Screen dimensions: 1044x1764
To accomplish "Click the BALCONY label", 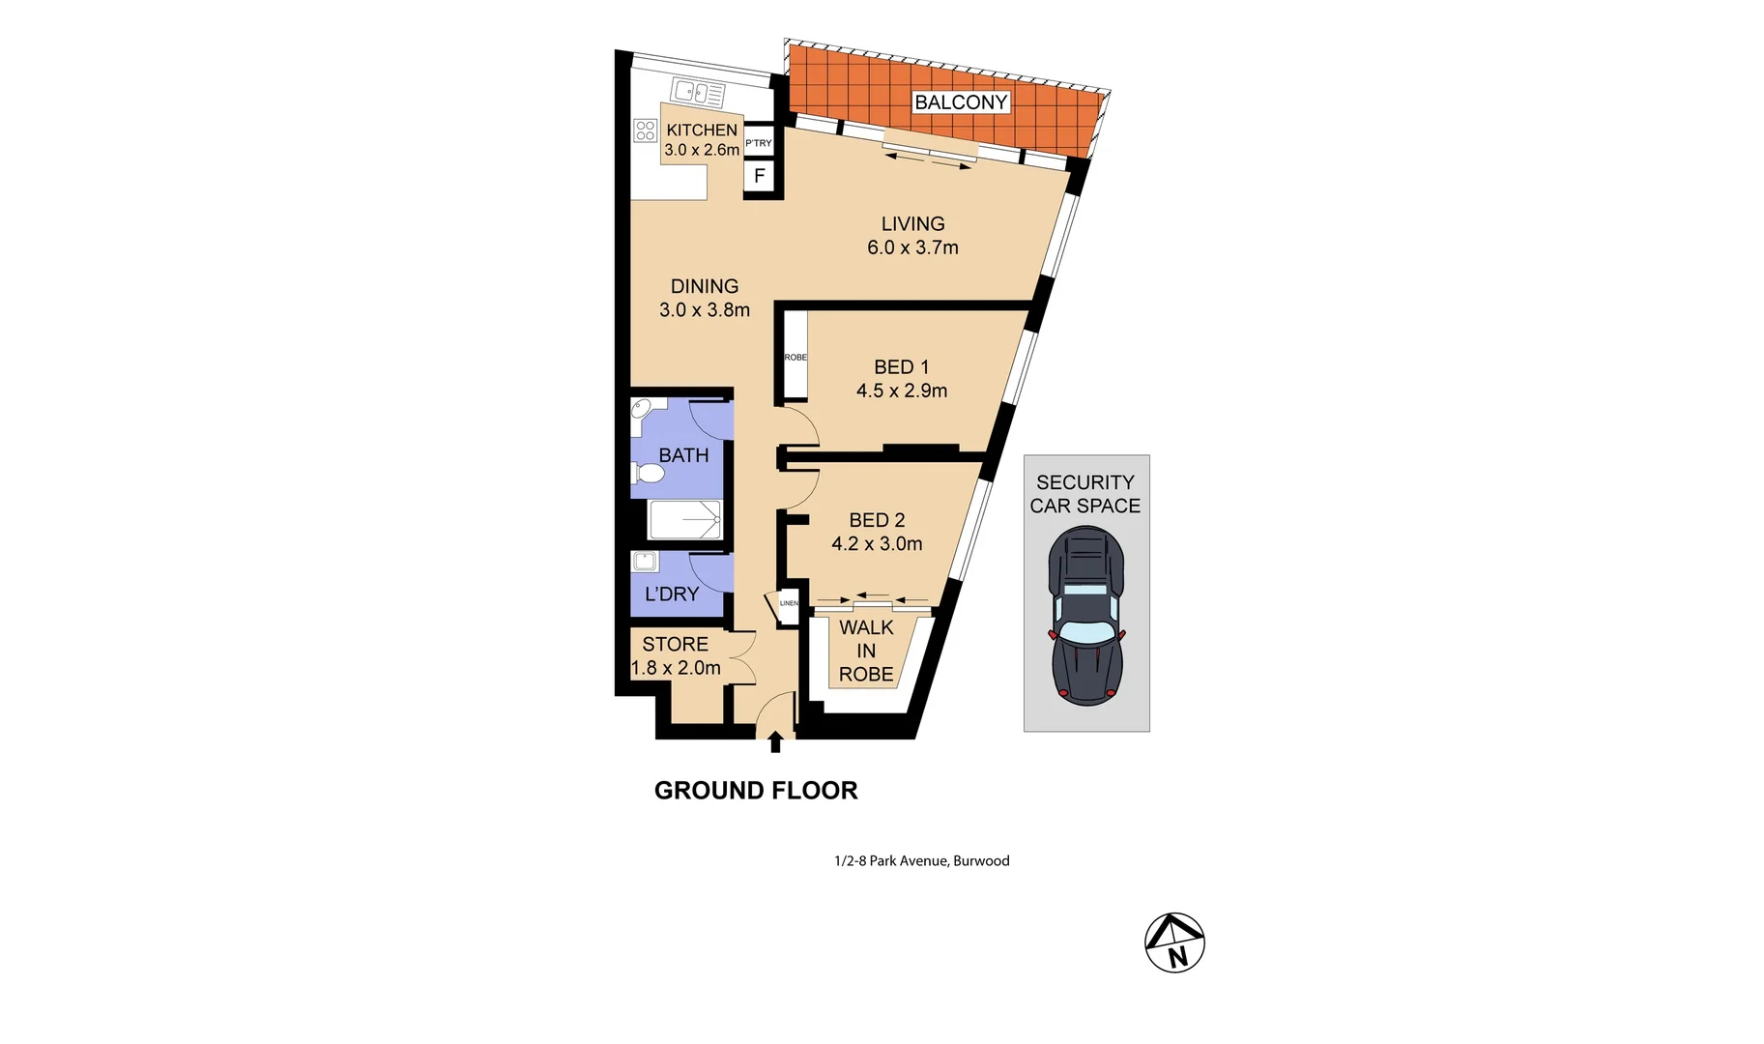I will coord(961,102).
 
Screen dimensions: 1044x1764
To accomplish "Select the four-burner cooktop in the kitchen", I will coord(646,130).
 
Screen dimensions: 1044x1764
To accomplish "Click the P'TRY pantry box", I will coord(759,143).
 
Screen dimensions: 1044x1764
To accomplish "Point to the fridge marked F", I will coord(760,176).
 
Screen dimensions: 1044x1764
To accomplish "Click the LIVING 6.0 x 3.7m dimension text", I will coord(912,247).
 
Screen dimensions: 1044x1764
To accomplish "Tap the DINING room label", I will coord(705,286).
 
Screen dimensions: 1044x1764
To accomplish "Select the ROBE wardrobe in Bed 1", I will coord(795,357).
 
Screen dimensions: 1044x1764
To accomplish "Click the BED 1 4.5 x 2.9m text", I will coord(901,379).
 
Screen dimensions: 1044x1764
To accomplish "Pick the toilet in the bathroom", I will coord(649,473).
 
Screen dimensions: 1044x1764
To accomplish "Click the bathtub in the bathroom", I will coord(685,520).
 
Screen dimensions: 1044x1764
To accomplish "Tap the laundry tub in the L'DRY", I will coord(645,562).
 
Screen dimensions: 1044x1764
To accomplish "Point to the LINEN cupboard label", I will coord(789,603).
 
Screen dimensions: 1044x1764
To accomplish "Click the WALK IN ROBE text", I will coord(866,651).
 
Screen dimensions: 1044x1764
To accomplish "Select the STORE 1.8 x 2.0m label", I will coord(676,655).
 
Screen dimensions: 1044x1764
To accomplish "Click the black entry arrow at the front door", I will coord(775,741).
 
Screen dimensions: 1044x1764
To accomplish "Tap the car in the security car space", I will coord(1086,616).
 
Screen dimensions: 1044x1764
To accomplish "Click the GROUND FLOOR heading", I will coord(756,791).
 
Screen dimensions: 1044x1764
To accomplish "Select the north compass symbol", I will coord(1174,942).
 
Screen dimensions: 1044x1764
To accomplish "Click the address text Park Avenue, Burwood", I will coord(921,860).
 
